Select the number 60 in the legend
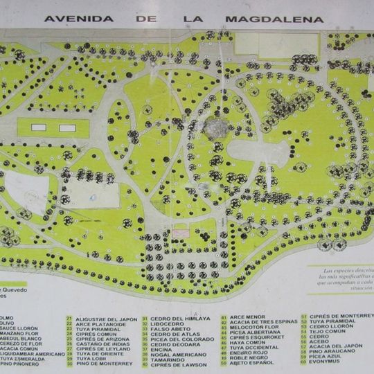click(303, 362)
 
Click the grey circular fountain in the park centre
click(216, 127)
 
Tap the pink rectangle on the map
click(181, 233)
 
